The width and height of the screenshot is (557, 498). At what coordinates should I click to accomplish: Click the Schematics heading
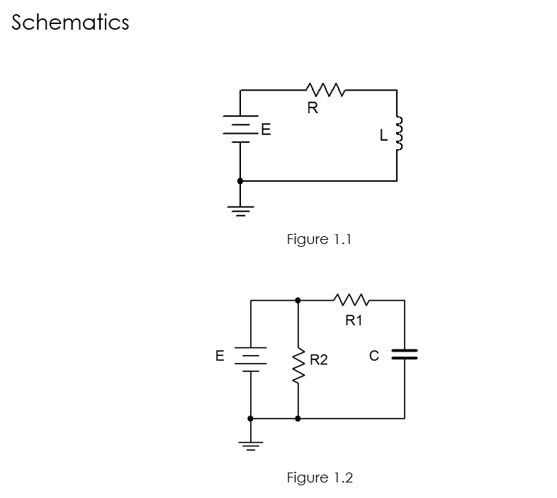[70, 23]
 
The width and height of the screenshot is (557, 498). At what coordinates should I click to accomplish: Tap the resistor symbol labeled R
[325, 90]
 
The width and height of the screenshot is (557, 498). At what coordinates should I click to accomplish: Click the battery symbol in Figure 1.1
[240, 129]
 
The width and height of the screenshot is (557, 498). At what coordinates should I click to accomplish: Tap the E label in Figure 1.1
[266, 130]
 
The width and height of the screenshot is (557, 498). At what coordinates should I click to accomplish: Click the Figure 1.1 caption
[319, 239]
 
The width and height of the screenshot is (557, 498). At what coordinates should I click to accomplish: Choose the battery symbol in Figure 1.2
[250, 357]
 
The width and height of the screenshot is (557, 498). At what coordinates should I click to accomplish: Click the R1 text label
[354, 320]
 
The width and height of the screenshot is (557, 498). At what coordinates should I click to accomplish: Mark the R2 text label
[319, 360]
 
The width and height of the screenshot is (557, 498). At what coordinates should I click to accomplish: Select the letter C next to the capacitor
[375, 355]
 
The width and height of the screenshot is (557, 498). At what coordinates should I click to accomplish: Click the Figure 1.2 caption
[319, 477]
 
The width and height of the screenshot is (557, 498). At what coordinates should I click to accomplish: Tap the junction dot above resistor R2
[298, 301]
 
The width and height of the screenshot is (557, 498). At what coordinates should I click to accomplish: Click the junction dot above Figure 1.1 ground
[240, 181]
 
